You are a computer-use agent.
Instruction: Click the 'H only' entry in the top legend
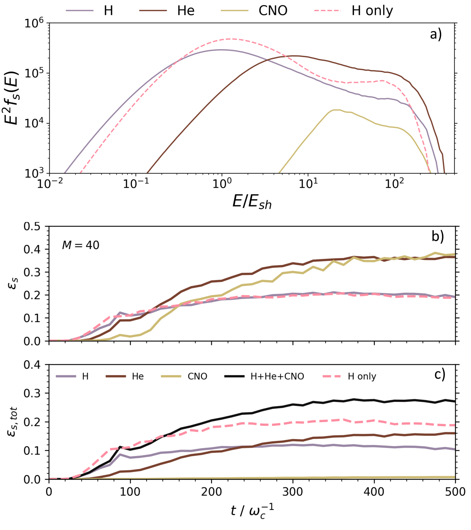(372, 11)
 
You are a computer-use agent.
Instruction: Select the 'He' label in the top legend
(186, 11)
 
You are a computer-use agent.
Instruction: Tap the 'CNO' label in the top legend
(273, 11)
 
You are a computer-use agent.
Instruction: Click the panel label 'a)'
(436, 34)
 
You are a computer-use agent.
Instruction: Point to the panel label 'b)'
(438, 236)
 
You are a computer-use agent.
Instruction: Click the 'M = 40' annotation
(81, 245)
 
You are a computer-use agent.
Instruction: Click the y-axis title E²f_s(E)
(12, 98)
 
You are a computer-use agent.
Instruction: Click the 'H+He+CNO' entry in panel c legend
(277, 376)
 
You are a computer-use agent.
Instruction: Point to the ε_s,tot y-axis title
(12, 422)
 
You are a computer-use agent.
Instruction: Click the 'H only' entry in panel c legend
(362, 376)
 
